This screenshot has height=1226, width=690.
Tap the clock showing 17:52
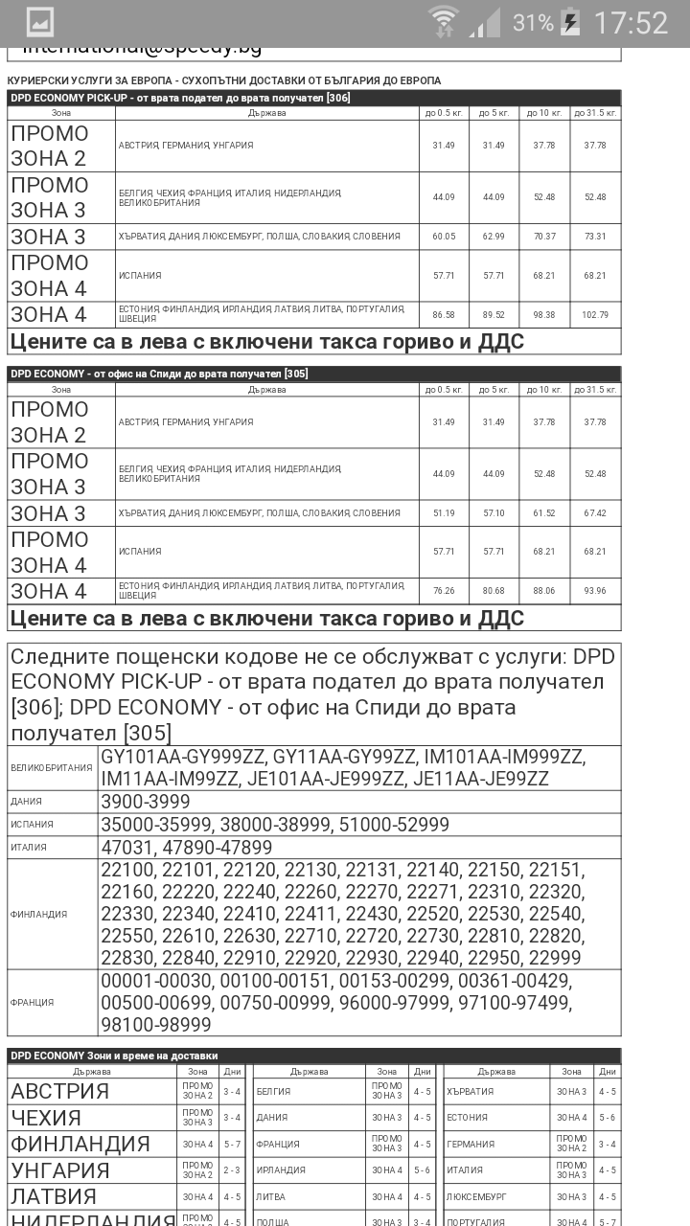coord(630,22)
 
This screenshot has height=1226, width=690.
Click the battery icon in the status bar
coord(570,22)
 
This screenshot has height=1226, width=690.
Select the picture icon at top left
coord(39,22)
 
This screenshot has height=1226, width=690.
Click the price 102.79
coord(595,314)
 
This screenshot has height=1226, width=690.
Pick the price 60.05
coord(444,237)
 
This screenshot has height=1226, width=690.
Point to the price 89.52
coord(494,314)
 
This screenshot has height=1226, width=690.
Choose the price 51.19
coord(444,513)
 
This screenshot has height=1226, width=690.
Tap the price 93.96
coord(595,591)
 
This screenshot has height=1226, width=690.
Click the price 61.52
coord(544,513)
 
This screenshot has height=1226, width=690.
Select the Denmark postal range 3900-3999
coord(146,802)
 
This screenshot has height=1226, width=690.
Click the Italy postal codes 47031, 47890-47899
coord(187,848)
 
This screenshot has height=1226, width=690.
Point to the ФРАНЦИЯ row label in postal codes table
coord(33,1002)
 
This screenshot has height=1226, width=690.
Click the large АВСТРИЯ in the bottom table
coord(59,1091)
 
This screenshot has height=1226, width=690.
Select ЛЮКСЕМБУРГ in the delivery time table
coord(477,1196)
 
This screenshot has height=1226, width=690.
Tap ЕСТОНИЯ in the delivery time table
coord(468,1118)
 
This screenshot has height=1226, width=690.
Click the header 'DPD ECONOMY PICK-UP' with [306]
coord(167,98)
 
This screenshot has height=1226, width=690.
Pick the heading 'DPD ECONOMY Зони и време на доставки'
coord(114,1056)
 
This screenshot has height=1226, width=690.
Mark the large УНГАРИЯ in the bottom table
coord(59,1170)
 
